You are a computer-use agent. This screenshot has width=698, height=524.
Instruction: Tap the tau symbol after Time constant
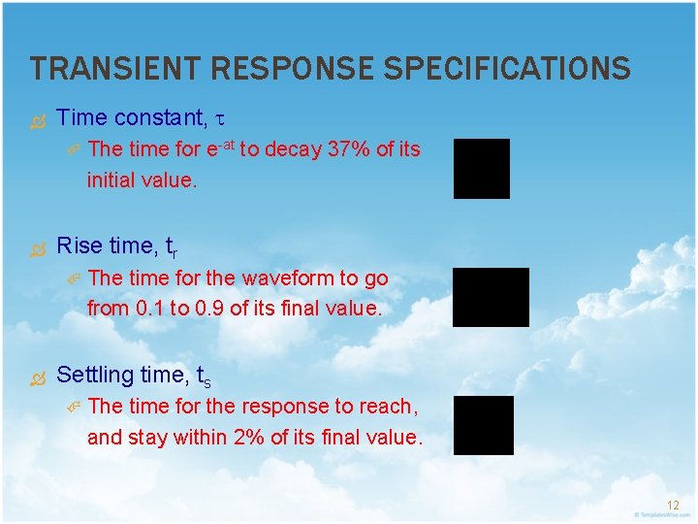pos(219,119)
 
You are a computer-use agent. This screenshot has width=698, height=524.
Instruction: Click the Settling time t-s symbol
pos(204,377)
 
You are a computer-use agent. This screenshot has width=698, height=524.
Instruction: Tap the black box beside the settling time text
pos(484,425)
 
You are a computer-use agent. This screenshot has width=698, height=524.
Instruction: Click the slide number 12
pos(673,505)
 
